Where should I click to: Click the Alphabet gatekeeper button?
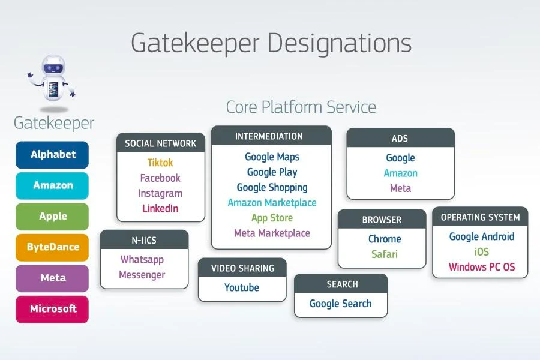coord(52,155)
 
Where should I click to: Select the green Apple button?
coord(52,217)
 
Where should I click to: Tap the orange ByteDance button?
coord(52,247)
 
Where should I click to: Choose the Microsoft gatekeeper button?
coord(52,309)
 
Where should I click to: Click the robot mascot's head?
coord(54,68)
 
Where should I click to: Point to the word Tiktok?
coord(160,163)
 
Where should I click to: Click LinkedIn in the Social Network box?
coord(160,209)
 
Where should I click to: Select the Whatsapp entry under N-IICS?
coord(142,260)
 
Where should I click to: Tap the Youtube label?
coord(242,287)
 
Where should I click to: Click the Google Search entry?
coord(340,304)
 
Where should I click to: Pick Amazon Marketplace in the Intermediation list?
coord(272,203)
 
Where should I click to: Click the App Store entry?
coord(272,218)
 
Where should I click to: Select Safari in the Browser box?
coord(385,254)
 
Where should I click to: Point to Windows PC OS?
coord(481,267)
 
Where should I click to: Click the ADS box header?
coord(400,139)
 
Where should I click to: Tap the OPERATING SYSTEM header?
coord(480,217)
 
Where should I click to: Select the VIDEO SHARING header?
coord(242,268)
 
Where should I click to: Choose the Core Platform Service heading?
coord(301,107)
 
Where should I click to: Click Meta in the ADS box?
coord(400,188)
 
